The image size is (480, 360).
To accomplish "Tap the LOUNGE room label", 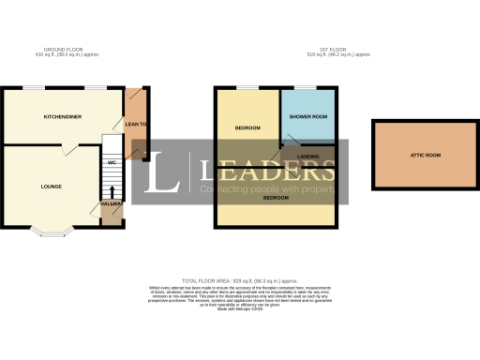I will click(52, 187).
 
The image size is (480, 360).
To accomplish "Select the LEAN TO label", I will click(135, 123).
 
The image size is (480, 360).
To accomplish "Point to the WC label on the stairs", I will click(111, 162).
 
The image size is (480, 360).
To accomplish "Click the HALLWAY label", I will click(111, 202).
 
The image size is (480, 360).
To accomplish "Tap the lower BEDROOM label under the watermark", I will click(275, 198).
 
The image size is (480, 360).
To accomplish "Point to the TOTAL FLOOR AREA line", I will click(240, 280).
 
